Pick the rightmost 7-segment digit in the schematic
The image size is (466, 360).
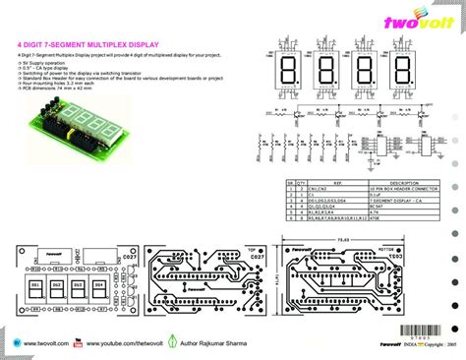pos(403,72)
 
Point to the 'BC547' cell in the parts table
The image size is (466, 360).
pos(375,206)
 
